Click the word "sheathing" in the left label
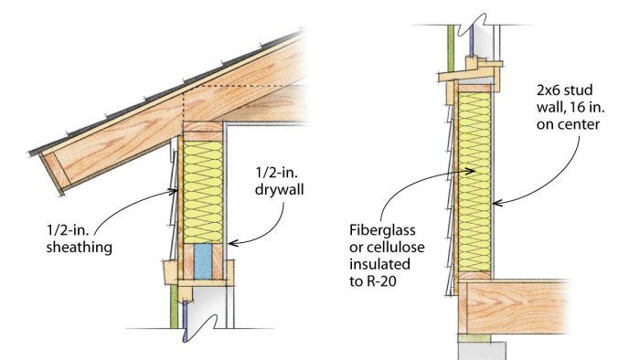[80, 248]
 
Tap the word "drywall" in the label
[280, 189]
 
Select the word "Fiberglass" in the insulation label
[382, 231]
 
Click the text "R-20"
[381, 281]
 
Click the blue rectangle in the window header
[203, 261]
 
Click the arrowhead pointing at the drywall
[233, 243]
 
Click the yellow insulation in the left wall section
[203, 193]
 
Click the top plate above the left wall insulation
[203, 132]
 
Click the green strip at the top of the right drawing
[451, 49]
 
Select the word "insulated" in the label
[379, 264]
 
